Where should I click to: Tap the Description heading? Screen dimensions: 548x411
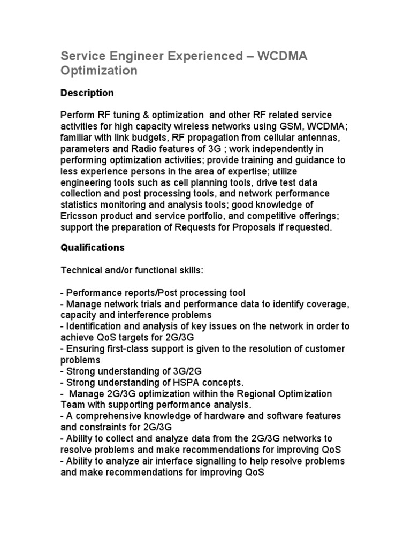[87, 93]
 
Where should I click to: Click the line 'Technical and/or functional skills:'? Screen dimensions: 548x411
[132, 271]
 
